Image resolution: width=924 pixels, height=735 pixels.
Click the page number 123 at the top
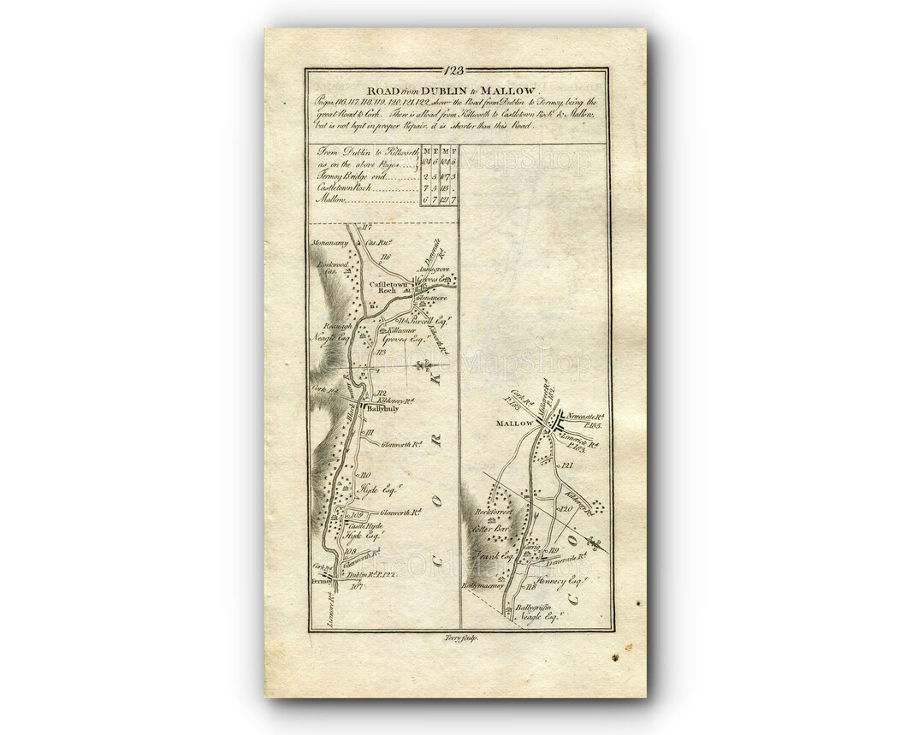tap(455, 71)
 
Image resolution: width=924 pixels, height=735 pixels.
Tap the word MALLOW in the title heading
tap(507, 90)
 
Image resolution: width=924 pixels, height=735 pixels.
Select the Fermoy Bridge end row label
tap(347, 175)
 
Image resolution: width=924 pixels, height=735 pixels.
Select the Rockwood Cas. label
tap(329, 267)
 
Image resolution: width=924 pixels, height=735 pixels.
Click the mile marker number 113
tap(382, 353)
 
